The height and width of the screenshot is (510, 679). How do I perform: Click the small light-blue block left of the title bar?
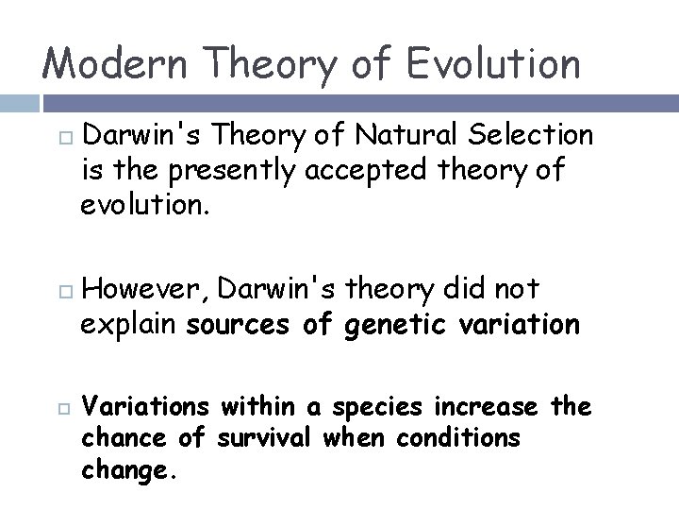[19, 103]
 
